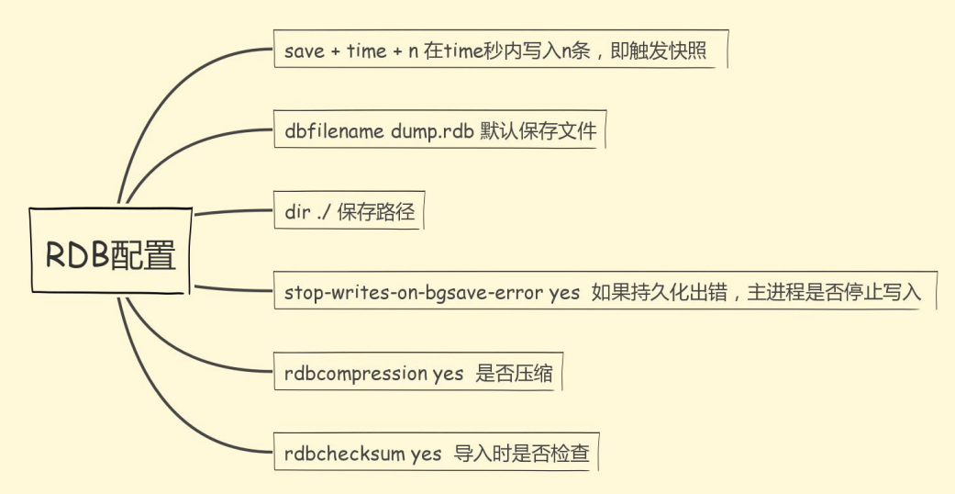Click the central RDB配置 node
click(110, 253)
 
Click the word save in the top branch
click(305, 51)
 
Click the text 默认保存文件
click(538, 131)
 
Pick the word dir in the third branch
click(295, 212)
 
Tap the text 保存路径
click(376, 212)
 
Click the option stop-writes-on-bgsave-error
click(414, 293)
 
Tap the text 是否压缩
click(513, 374)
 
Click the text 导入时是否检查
click(521, 454)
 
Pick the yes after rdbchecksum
click(426, 454)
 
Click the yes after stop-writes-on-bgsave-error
click(564, 293)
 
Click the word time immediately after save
click(367, 51)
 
